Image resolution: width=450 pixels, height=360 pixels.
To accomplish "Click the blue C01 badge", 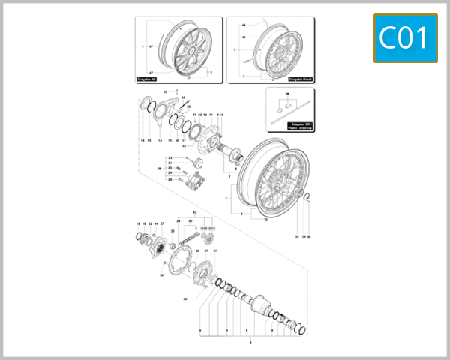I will click(x=405, y=37).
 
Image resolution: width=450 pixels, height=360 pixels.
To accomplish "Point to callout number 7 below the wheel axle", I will click(x=234, y=170).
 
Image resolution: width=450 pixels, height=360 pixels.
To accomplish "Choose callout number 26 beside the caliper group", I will click(x=158, y=169).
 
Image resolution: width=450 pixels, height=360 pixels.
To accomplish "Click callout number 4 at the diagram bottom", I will click(x=250, y=343).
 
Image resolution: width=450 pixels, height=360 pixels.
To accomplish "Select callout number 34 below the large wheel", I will click(x=304, y=236).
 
